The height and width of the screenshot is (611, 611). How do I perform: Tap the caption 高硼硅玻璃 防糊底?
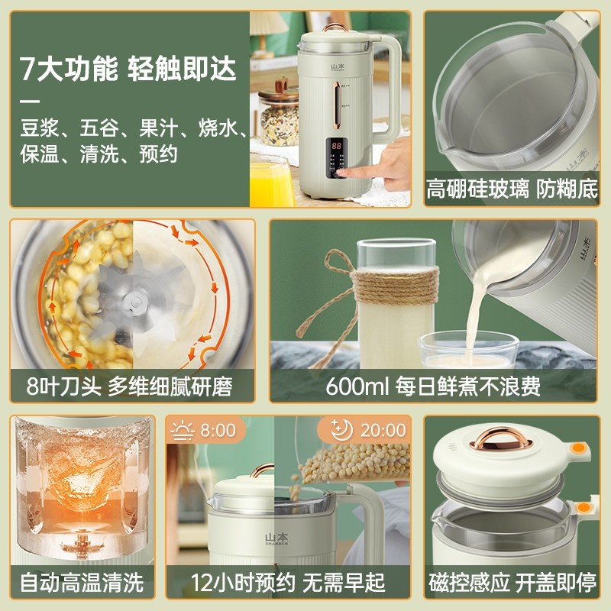point(512,189)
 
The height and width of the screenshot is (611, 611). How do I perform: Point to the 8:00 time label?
point(218,429)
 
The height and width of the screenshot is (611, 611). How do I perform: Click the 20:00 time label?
point(383,429)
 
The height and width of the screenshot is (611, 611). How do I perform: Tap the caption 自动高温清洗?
point(82,583)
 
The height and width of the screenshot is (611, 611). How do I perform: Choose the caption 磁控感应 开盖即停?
point(512,583)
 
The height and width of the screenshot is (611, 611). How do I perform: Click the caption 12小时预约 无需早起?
point(288,583)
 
